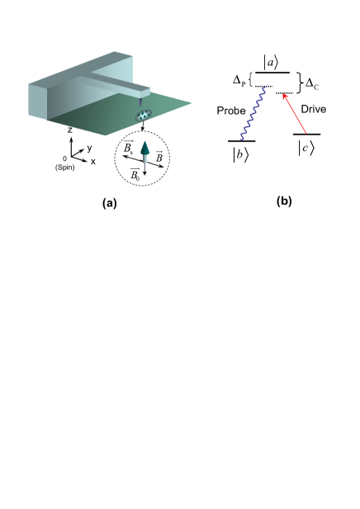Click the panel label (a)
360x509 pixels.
(x=110, y=204)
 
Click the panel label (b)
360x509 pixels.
(x=284, y=201)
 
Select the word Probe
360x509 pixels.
(x=231, y=111)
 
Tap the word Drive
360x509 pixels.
(x=314, y=109)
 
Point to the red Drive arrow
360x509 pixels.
(x=295, y=114)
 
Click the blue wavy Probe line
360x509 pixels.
(x=253, y=114)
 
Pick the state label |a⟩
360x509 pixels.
(x=271, y=63)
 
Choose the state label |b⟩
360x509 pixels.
(x=241, y=154)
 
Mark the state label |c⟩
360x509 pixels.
(x=306, y=148)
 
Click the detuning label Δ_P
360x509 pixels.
(x=239, y=80)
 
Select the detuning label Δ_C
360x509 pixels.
(x=312, y=84)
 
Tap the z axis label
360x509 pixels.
(x=70, y=130)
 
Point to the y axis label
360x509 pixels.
(x=90, y=148)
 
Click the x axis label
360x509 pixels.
(x=93, y=162)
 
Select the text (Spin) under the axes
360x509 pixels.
(x=64, y=167)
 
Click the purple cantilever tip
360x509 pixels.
(x=140, y=101)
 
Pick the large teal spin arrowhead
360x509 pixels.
(x=145, y=148)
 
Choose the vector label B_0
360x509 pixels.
(x=135, y=174)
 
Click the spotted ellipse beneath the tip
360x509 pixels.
(x=144, y=115)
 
